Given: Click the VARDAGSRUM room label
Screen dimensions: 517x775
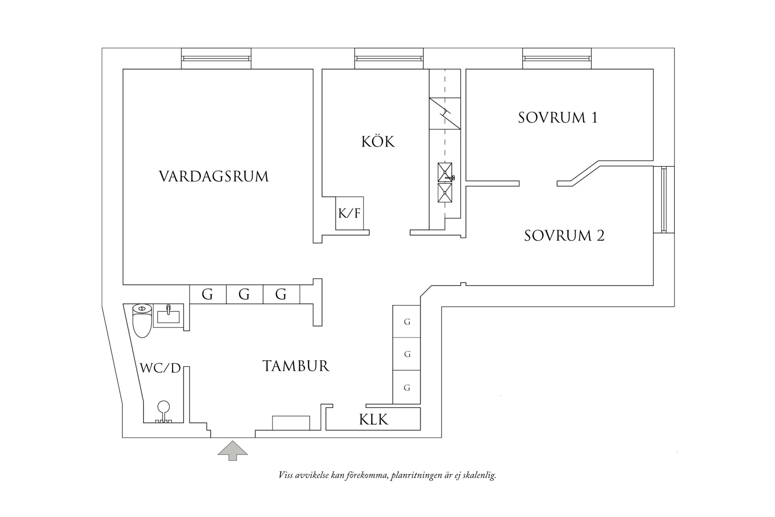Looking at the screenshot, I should (x=214, y=176).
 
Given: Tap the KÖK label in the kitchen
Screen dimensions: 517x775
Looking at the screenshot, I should (x=378, y=142).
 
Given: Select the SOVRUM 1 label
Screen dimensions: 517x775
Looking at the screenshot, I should (x=558, y=118).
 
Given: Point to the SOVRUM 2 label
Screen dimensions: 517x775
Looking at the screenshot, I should (x=564, y=236).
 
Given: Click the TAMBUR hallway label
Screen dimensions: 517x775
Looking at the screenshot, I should (x=296, y=366).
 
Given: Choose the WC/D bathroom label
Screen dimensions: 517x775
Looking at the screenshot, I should (x=160, y=368).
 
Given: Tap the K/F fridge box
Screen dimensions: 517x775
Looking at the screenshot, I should (x=349, y=213).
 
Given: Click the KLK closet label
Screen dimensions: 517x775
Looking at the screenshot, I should (x=374, y=419).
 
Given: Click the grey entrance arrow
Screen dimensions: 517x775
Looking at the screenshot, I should (x=232, y=450).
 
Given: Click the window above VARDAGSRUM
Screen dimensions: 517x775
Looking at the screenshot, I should (x=216, y=58).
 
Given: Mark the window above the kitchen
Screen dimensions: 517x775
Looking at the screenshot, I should (x=389, y=58).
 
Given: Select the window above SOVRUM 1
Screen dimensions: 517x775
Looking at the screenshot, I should (x=557, y=58).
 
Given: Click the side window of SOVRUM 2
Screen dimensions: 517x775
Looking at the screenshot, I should (x=664, y=199).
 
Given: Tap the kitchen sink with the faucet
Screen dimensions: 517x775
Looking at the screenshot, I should (x=445, y=172).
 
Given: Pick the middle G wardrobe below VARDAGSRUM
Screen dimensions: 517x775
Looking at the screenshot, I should (x=244, y=295).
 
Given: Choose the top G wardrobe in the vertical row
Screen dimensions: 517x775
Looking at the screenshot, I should (x=407, y=322).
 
